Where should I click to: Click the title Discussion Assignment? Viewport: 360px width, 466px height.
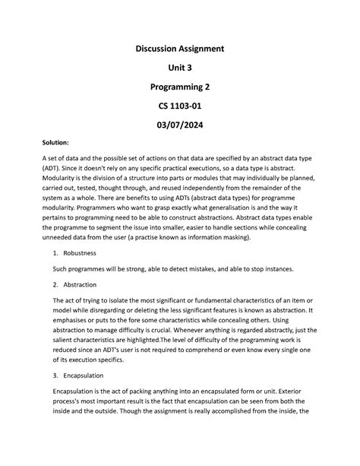(180, 49)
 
